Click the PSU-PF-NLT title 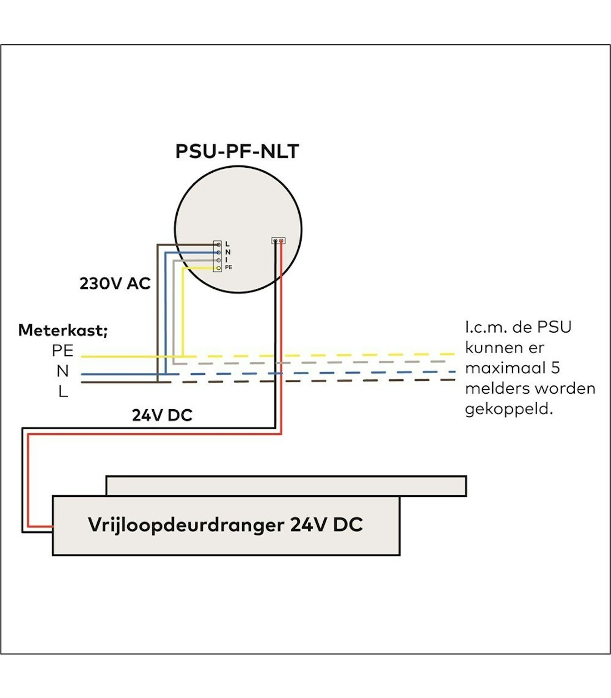(x=237, y=152)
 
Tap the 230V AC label (x=115, y=284)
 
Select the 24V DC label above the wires (x=162, y=415)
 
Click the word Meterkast (x=63, y=330)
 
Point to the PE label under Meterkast (x=63, y=351)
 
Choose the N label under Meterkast (x=63, y=371)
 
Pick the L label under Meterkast (x=63, y=391)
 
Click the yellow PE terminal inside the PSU (x=218, y=268)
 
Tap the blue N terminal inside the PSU (x=218, y=252)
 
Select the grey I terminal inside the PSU (x=218, y=260)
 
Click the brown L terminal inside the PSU (x=218, y=244)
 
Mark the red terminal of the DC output (x=282, y=241)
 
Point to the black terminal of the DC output (x=276, y=241)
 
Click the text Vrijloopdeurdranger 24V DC (x=226, y=525)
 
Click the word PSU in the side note (x=554, y=327)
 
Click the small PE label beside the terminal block (x=229, y=268)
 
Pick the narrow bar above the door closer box (x=286, y=486)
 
